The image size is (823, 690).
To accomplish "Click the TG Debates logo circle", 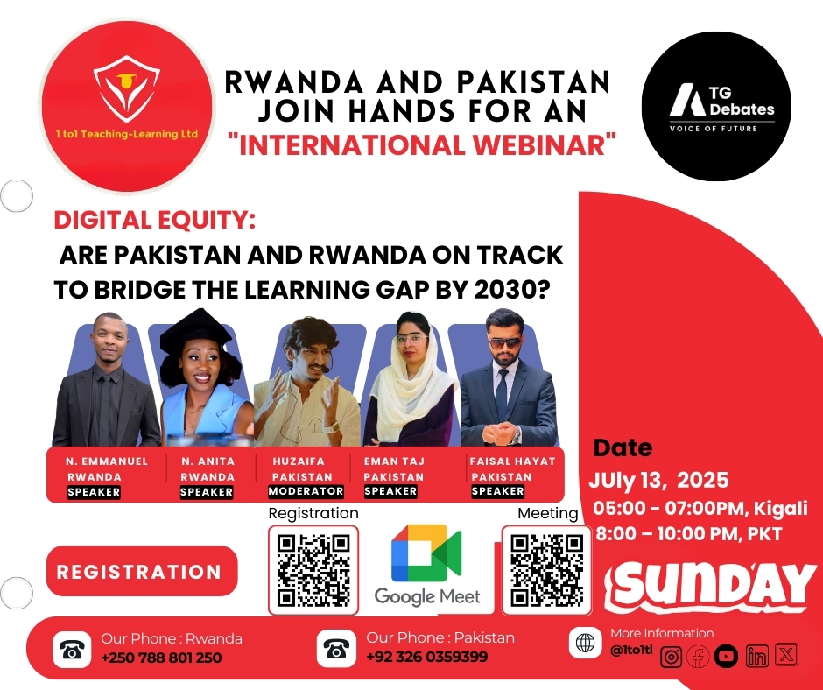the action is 716,106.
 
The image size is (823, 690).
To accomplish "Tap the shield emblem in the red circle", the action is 126,88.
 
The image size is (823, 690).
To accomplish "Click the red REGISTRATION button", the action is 142,571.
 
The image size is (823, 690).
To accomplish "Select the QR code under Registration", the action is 313,570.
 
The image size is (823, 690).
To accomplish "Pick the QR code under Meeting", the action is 547,570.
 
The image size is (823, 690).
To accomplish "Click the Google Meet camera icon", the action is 426,553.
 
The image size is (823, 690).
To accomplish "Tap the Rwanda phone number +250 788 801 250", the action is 161,658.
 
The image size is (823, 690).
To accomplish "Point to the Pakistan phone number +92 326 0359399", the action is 426,657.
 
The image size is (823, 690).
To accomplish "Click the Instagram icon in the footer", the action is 671,657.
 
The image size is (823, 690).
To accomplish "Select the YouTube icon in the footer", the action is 726,656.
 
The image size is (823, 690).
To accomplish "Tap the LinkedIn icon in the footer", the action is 756,656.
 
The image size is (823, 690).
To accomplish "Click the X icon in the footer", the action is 786,655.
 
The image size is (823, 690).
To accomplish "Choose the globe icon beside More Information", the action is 585,642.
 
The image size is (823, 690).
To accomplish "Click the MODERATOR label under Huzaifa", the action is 306,491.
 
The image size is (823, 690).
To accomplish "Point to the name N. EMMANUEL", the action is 107,461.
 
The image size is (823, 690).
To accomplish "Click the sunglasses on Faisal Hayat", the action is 505,343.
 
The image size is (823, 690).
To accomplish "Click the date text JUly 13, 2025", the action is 658,480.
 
